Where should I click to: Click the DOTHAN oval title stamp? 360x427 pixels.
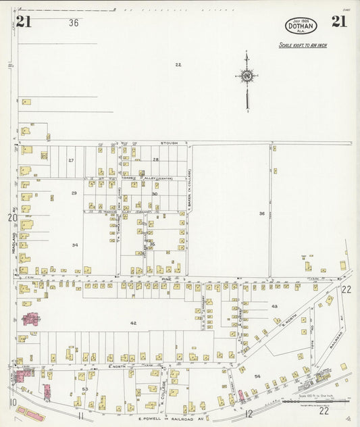pos(301,26)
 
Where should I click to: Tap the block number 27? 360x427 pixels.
pos(71,160)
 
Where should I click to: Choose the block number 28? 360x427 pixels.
pos(155,159)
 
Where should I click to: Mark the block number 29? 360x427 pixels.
pos(74,193)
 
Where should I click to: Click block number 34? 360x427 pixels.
pos(76,245)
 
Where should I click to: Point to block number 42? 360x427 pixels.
pos(133,324)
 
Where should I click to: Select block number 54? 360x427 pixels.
pos(257,375)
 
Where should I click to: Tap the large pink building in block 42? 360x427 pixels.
pos(31,318)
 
